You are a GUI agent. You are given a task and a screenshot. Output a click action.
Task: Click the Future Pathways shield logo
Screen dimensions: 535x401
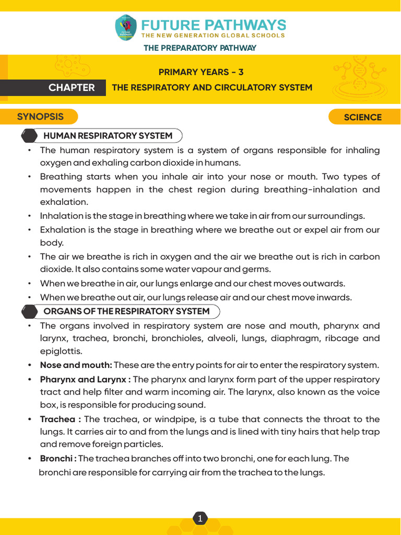[x=125, y=28]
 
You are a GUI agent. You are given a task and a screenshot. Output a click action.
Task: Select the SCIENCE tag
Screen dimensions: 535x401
[x=362, y=117]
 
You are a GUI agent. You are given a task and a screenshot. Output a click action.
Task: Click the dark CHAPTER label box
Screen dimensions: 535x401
[x=72, y=88]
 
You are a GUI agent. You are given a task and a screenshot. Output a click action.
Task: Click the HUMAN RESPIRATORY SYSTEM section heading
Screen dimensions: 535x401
[x=108, y=136]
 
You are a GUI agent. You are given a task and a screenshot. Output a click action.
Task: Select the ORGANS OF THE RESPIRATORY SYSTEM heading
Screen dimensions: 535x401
[x=126, y=311]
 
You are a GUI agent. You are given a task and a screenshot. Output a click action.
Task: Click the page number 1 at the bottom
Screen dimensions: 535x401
[x=200, y=519]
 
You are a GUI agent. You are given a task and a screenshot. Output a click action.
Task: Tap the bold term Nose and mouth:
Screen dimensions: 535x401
[x=76, y=365]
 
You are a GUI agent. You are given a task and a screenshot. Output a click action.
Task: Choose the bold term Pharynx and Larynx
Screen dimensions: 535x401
[x=84, y=379]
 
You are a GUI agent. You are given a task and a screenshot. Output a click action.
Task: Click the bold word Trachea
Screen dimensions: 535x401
[x=57, y=419]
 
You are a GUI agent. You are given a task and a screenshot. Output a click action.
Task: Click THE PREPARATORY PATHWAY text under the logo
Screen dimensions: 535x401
[x=200, y=48]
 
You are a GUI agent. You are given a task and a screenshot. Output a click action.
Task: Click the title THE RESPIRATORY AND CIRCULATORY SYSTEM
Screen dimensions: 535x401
[x=212, y=88]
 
